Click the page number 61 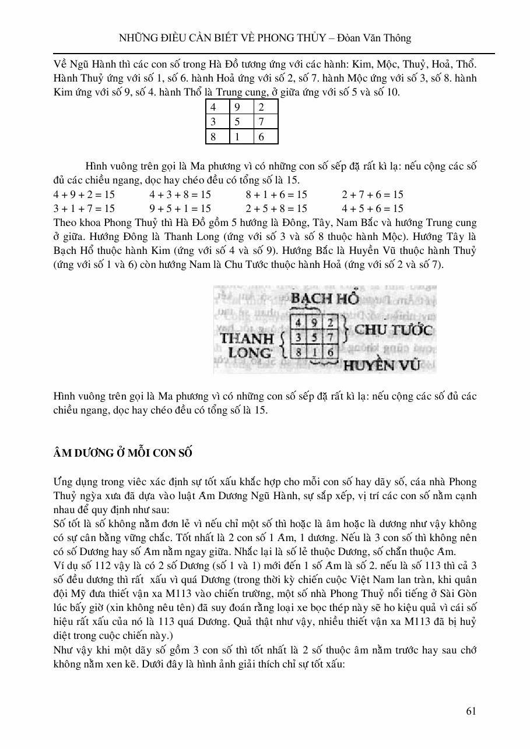tap(472, 711)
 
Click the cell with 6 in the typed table tap(266, 136)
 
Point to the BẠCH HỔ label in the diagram tap(324, 299)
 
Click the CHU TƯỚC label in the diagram tap(394, 330)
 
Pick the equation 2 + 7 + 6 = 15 tap(373, 195)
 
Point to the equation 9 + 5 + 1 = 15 tap(180, 209)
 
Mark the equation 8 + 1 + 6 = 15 tap(276, 195)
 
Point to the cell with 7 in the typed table tap(266, 122)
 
